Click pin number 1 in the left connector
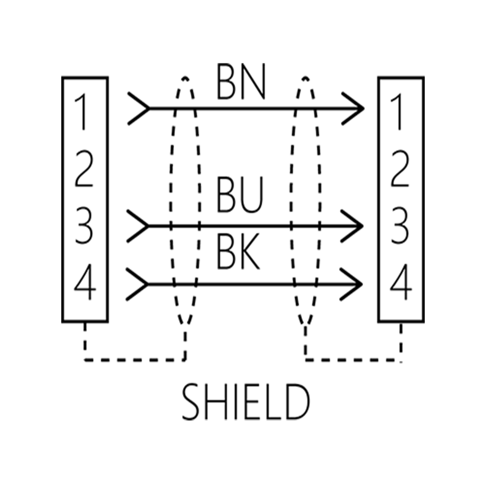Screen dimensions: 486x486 click(x=80, y=112)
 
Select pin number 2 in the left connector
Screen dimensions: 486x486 click(x=84, y=169)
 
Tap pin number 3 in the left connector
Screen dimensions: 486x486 click(x=84, y=225)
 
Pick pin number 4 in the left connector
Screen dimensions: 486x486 click(x=85, y=282)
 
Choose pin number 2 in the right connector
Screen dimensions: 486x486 click(x=400, y=169)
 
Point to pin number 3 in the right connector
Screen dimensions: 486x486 click(x=400, y=225)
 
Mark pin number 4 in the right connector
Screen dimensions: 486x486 click(x=401, y=282)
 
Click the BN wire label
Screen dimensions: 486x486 click(x=241, y=82)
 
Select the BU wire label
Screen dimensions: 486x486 click(x=240, y=194)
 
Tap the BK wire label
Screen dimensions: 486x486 click(x=238, y=252)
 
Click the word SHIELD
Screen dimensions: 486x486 click(x=246, y=401)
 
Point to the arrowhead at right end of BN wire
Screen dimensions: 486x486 click(x=353, y=108)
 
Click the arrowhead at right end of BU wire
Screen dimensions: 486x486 click(x=352, y=226)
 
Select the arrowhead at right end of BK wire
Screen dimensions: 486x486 click(x=352, y=284)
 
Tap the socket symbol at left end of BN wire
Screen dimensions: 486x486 click(x=139, y=108)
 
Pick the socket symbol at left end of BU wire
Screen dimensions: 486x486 click(x=138, y=226)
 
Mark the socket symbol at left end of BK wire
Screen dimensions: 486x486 click(x=137, y=284)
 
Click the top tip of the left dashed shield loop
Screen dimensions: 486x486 click(x=185, y=77)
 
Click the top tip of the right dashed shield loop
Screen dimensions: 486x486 click(x=305, y=77)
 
